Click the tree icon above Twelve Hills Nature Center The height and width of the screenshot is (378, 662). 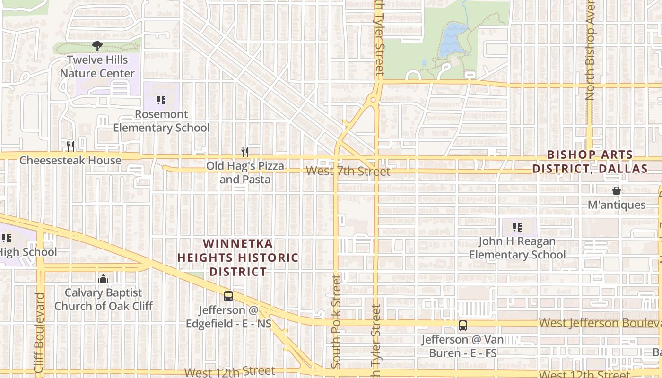point(97,46)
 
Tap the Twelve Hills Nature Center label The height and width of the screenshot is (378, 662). point(97,67)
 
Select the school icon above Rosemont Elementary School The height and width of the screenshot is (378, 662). point(161,100)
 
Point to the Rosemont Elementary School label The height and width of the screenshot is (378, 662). point(161,121)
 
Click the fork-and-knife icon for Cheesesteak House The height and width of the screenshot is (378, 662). point(70,146)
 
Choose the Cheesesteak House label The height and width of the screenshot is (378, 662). point(70,161)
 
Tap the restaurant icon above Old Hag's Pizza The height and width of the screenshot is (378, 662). point(245,152)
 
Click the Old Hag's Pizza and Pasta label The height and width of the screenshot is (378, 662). point(245,172)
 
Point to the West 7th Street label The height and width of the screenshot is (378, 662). point(348,171)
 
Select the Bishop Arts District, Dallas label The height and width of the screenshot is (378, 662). point(590,162)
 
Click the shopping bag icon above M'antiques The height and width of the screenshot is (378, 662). point(617,191)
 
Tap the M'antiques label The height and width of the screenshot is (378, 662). point(617,205)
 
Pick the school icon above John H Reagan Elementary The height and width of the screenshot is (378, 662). point(517,227)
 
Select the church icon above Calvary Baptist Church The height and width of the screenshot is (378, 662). point(103,279)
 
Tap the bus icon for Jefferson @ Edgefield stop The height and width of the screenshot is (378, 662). point(228,296)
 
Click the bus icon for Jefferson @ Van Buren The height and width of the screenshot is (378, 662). point(463,326)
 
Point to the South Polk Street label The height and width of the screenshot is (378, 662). point(336,322)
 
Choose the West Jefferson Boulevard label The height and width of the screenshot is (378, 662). point(600,323)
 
